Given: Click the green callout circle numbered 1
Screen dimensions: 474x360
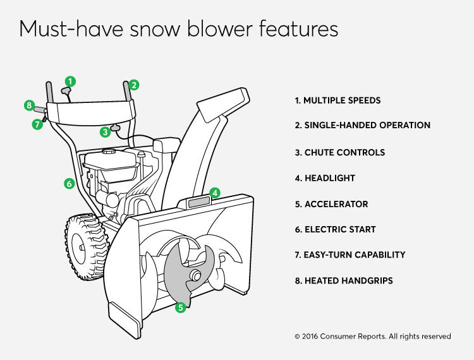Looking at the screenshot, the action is (x=70, y=81).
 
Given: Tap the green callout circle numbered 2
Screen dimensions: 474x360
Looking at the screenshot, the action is (x=134, y=85).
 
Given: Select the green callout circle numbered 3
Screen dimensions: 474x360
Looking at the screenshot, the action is (x=105, y=132).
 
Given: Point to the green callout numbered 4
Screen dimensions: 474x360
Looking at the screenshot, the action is (x=215, y=193).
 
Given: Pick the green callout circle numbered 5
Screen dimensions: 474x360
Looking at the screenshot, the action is (x=181, y=308).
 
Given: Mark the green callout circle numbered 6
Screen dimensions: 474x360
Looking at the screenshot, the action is (x=70, y=183).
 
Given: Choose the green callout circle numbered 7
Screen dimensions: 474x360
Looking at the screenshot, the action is (x=37, y=124).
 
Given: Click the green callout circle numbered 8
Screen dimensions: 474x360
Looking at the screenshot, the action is (x=29, y=105).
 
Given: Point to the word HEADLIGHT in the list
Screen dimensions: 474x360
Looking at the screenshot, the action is (x=330, y=178).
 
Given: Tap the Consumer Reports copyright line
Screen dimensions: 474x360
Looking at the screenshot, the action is (x=373, y=336).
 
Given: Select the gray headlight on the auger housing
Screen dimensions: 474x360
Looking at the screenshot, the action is (x=199, y=202).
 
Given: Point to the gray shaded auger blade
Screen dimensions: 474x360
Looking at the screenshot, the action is (x=188, y=275).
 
